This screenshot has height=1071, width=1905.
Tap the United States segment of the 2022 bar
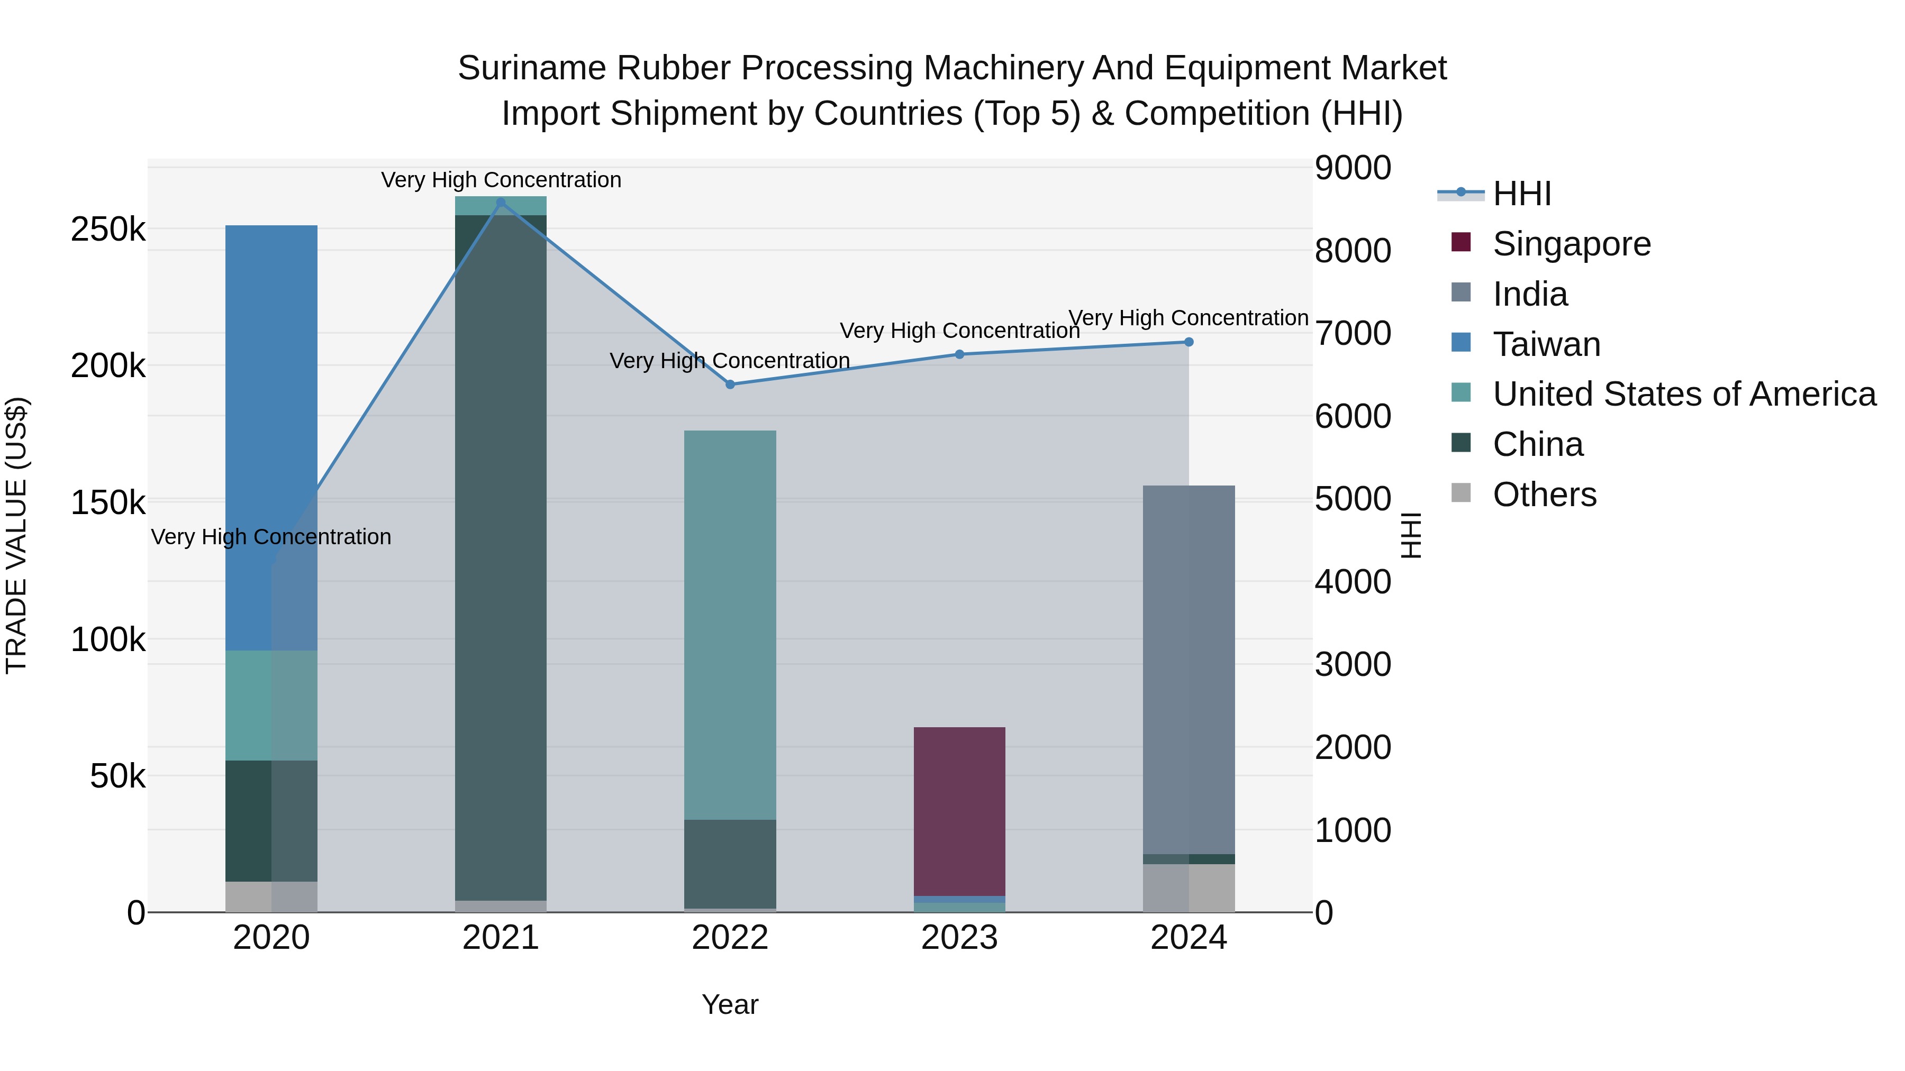[x=730, y=625]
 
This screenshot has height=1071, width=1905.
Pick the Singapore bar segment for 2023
[x=959, y=811]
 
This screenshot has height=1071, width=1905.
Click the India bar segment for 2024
[x=1189, y=669]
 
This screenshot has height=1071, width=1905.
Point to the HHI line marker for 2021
[x=501, y=203]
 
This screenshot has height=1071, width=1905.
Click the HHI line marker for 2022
[x=730, y=385]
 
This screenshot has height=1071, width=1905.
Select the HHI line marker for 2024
[x=1189, y=342]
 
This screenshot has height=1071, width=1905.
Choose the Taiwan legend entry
[x=1546, y=344]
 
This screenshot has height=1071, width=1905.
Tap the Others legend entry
[x=1544, y=495]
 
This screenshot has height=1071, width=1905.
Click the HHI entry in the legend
[x=1521, y=194]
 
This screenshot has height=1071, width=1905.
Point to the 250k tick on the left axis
[x=108, y=230]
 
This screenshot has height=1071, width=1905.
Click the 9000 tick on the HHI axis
[x=1353, y=168]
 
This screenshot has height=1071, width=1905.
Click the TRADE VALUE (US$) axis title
[x=16, y=535]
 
